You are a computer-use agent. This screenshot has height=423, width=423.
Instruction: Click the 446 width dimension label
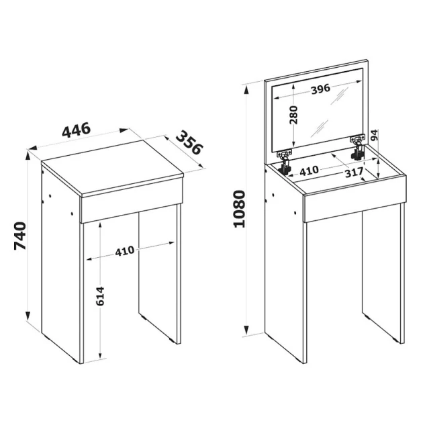pos(76,130)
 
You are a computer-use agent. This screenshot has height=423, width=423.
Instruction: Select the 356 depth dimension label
pos(189,142)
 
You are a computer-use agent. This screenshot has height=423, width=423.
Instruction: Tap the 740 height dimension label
pos(20,236)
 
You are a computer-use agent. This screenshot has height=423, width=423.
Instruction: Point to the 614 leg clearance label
pos(100,296)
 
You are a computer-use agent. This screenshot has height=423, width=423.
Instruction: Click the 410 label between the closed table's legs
pos(125,251)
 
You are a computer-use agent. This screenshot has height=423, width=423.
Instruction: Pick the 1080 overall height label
pos(239,209)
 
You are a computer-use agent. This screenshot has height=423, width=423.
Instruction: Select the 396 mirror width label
pos(320,89)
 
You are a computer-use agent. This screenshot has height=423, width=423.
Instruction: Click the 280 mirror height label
pos(293,115)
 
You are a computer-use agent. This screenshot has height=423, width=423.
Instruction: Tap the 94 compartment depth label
pos(375,135)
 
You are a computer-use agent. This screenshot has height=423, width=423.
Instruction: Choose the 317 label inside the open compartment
pos(355,173)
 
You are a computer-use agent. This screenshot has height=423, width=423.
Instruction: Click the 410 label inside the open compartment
pos(309,171)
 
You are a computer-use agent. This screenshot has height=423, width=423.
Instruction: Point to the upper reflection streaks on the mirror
pos(338,97)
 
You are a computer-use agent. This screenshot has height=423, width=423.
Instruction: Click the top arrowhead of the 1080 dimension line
pos(246,90)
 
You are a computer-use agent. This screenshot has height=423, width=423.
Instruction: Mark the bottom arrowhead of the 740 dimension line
pos(28,316)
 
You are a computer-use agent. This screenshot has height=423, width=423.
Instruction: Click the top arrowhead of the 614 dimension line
pos(100,225)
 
